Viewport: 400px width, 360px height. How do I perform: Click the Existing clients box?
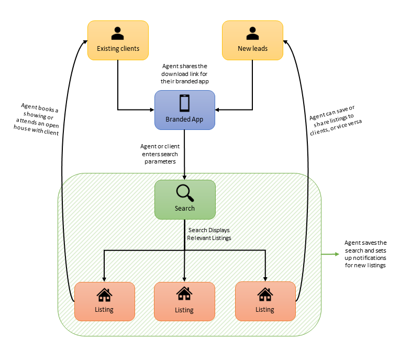pos(118,40)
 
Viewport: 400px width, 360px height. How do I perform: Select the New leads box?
pos(252,40)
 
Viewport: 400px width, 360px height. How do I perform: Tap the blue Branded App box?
pos(184,110)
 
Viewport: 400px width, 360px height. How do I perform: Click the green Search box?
pos(184,199)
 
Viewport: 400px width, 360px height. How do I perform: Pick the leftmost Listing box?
pos(104,301)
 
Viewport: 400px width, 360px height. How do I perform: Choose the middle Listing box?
pos(184,301)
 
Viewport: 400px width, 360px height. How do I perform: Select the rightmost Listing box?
pos(265,301)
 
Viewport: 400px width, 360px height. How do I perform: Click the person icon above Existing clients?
pos(118,34)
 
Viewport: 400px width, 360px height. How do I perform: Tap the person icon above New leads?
pos(252,34)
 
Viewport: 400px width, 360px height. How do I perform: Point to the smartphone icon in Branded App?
pos(184,103)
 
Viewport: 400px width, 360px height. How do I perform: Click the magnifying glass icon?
pos(184,193)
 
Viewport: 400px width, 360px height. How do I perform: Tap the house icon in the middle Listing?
pos(184,294)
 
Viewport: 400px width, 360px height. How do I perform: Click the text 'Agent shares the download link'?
pos(184,74)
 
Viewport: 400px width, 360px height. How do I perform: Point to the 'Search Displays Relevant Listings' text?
pos(209,234)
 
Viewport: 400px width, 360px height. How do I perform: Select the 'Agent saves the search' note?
pos(365,254)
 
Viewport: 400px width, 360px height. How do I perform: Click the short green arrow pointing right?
pos(330,255)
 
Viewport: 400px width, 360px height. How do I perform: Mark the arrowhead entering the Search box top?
pos(184,177)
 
